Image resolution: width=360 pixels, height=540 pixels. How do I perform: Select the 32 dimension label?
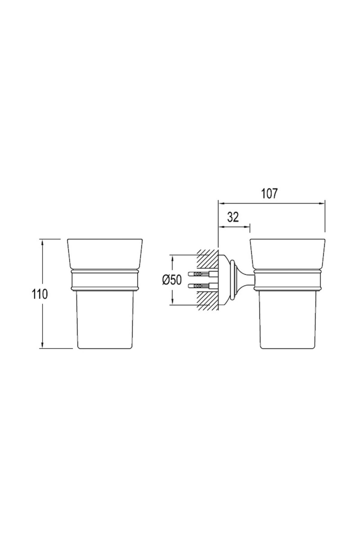pyautogui.click(x=233, y=217)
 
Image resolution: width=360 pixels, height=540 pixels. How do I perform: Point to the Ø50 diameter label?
pyautogui.click(x=172, y=280)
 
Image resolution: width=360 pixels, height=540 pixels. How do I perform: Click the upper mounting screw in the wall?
pyautogui.click(x=201, y=274)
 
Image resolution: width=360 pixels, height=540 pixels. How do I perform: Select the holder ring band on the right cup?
pyautogui.click(x=287, y=280)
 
